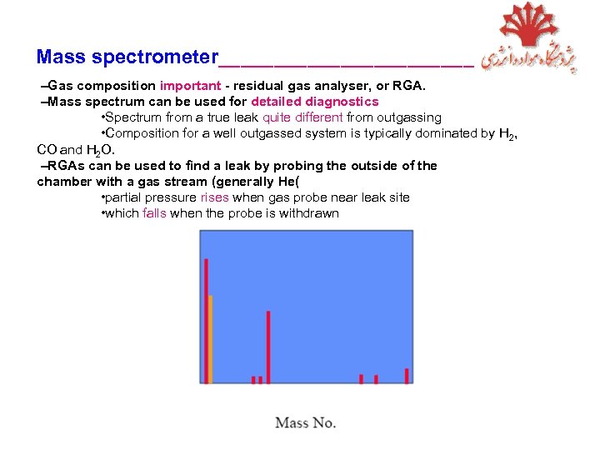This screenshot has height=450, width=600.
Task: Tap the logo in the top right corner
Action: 529,39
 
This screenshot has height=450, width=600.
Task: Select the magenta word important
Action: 191,85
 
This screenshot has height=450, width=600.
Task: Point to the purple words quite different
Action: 302,117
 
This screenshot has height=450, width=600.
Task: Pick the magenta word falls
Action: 155,213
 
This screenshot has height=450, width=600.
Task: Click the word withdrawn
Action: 308,213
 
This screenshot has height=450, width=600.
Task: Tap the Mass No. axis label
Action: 305,422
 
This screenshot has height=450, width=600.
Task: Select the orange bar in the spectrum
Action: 211,339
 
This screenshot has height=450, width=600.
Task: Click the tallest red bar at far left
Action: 206,321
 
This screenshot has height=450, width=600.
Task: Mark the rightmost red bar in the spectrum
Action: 407,376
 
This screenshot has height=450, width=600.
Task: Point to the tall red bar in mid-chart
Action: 267,347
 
